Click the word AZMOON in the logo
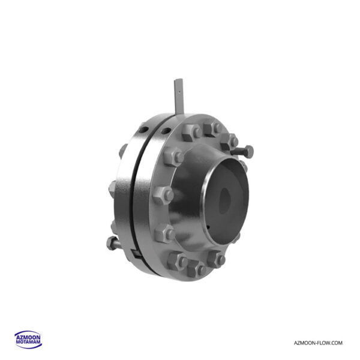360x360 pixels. (x=28, y=338)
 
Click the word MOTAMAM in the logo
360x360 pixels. (x=28, y=342)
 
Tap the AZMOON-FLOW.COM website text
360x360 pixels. (x=318, y=343)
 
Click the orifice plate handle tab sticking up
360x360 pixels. (x=179, y=97)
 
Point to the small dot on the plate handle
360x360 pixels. (x=179, y=92)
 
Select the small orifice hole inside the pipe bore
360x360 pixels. (x=224, y=201)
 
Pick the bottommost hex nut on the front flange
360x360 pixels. (x=196, y=268)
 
